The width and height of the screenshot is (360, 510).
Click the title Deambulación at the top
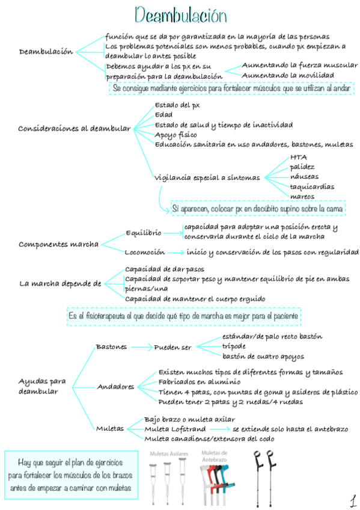pyautogui.click(x=181, y=14)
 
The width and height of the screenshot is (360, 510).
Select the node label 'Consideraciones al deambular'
pyautogui.click(x=75, y=128)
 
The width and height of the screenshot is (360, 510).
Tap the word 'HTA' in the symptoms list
pyautogui.click(x=298, y=157)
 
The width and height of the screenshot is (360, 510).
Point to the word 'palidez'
pyautogui.click(x=302, y=167)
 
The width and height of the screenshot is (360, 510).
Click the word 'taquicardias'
pyautogui.click(x=312, y=186)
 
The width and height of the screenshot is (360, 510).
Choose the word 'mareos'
pyautogui.click(x=302, y=196)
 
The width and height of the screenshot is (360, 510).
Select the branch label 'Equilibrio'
pyautogui.click(x=143, y=232)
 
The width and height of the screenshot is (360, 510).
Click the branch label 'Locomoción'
pyautogui.click(x=144, y=252)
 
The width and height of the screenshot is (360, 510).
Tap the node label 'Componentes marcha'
pyautogui.click(x=58, y=244)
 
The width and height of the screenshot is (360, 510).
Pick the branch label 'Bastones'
pyautogui.click(x=111, y=347)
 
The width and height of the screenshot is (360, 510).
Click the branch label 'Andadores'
pyautogui.click(x=115, y=387)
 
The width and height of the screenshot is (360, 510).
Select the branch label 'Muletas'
pyautogui.click(x=110, y=428)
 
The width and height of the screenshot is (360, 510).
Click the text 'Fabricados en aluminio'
pyautogui.click(x=200, y=381)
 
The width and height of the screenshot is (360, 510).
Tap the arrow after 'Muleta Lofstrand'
pyautogui.click(x=220, y=429)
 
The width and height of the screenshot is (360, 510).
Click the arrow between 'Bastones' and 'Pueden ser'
pyautogui.click(x=141, y=347)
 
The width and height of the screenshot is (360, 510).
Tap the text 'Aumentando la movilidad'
pyautogui.click(x=288, y=75)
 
